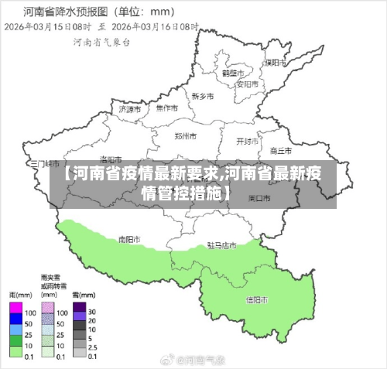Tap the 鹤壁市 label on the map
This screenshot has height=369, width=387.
(x=232, y=73)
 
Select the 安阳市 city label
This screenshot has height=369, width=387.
(x=247, y=84)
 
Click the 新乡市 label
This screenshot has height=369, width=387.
(x=203, y=97)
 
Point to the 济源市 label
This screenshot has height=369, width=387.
(x=130, y=110)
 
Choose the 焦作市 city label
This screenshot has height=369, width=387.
(x=166, y=109)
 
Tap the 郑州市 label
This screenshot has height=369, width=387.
(x=186, y=136)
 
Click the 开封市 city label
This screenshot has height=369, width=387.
(x=247, y=142)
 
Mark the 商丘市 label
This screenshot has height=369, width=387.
(x=280, y=150)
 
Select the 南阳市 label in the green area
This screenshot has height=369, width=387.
(x=129, y=240)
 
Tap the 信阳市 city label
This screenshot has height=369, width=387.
(x=257, y=299)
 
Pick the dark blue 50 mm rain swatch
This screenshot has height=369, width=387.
(x=15, y=323)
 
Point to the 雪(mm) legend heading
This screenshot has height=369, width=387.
(x=80, y=296)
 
